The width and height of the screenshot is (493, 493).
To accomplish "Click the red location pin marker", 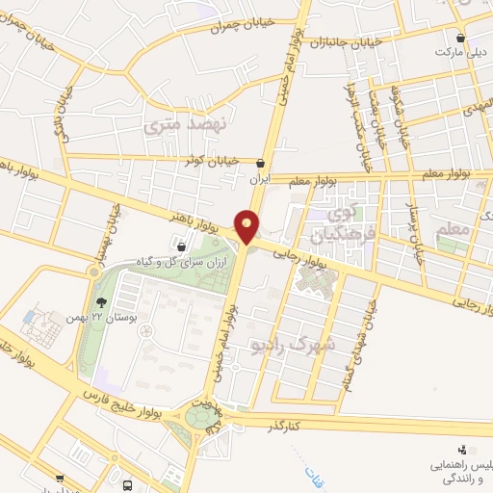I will tap(248, 225).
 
